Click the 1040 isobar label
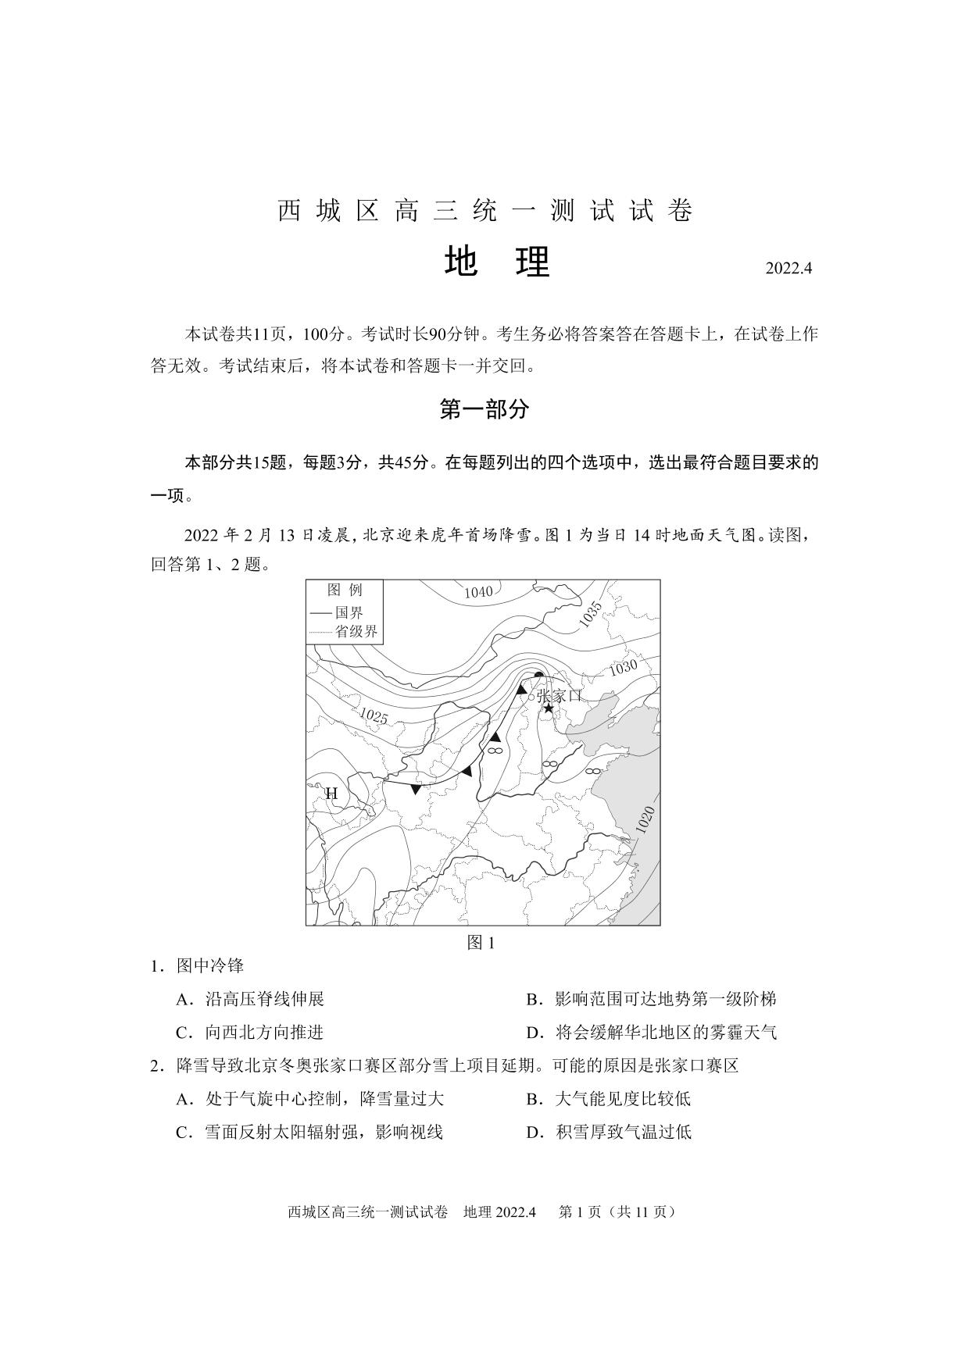[478, 592]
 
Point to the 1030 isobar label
[623, 668]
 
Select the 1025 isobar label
[374, 715]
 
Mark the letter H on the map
[331, 794]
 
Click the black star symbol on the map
[549, 708]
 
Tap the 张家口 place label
[560, 695]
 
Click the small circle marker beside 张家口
[531, 697]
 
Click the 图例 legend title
[344, 590]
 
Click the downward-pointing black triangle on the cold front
[416, 790]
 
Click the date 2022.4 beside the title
[788, 268]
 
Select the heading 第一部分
[484, 409]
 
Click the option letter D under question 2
[534, 1132]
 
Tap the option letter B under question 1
[534, 999]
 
